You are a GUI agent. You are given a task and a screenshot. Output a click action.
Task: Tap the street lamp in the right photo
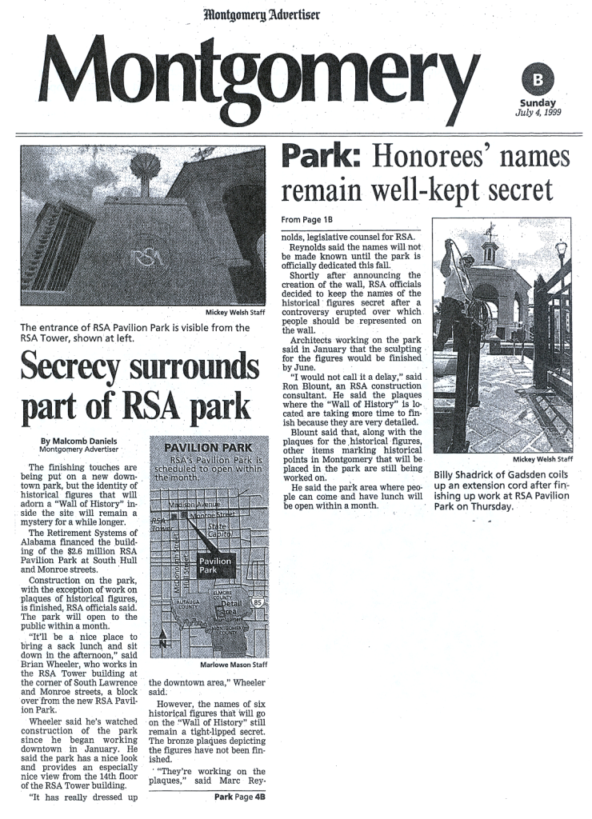560,253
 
